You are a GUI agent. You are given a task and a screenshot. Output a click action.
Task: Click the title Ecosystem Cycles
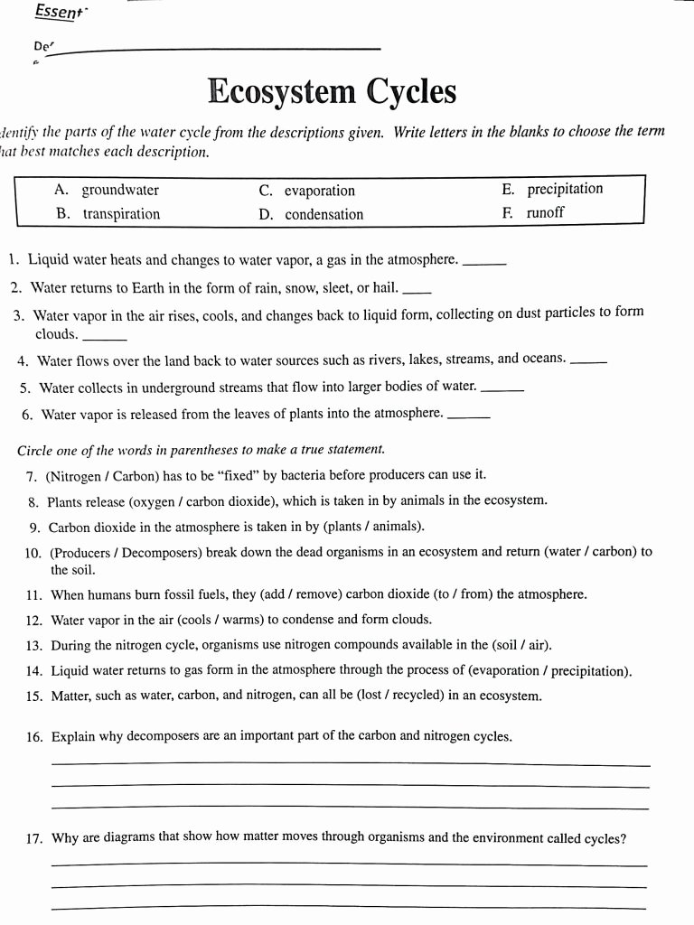332,92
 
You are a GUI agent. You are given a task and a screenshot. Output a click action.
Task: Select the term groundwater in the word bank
120,190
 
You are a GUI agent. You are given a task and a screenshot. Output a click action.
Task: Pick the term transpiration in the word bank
121,214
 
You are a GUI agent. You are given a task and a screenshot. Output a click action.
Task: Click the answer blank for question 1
483,263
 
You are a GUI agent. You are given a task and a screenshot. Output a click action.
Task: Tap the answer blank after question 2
416,291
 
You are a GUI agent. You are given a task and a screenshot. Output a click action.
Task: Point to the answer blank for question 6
469,417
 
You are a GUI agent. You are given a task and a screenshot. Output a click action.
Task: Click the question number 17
34,838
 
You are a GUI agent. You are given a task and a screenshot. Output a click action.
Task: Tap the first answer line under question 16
351,764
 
